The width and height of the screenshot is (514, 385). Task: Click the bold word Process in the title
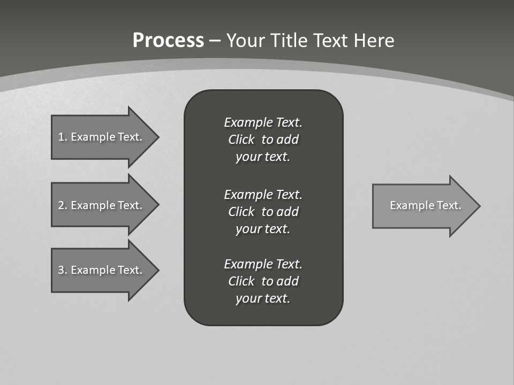tap(168, 41)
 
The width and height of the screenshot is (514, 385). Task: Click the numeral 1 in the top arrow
tap(62, 137)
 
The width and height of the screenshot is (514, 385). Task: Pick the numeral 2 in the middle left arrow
tap(62, 205)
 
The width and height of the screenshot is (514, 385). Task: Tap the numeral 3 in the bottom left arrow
tap(62, 270)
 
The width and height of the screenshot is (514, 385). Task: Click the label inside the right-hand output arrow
tap(425, 205)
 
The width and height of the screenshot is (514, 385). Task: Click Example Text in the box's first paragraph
tap(263, 122)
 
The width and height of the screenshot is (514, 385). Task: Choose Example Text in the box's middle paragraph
tap(263, 194)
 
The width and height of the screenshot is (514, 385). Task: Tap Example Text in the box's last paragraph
tap(263, 264)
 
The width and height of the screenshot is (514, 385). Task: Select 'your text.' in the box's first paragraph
tap(263, 157)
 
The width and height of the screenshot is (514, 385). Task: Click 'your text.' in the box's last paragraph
tap(263, 299)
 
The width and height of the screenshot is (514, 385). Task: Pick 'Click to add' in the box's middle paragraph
tap(263, 212)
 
